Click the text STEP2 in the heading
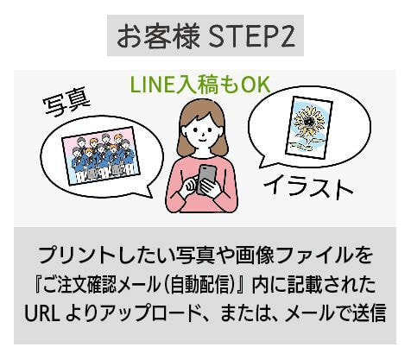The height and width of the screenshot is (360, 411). pos(251,36)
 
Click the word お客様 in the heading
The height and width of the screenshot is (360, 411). pos(158,36)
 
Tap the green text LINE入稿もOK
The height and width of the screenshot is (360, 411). pos(200,85)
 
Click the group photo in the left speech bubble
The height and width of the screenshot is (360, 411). pos(101,155)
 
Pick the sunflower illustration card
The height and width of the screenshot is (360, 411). pos(309,127)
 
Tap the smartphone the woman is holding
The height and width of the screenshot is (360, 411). pos(206,179)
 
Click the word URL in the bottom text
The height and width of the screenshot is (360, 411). pos(42,313)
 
